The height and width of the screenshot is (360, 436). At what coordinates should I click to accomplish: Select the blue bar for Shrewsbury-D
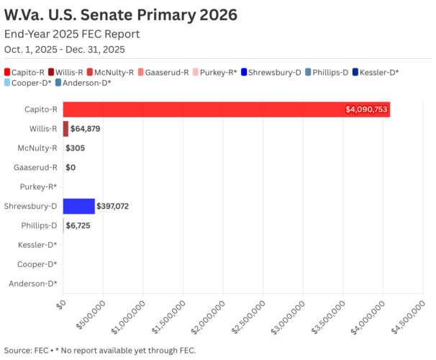[x=78, y=206]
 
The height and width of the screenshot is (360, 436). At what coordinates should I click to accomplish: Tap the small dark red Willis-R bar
[x=65, y=129]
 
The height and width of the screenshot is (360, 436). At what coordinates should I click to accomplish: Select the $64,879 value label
[x=88, y=129]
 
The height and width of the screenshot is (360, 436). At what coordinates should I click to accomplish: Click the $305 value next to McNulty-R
[x=76, y=148]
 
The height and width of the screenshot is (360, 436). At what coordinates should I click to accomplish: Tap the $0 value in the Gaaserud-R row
[x=71, y=168]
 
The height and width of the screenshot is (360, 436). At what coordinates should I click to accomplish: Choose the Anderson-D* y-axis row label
[x=33, y=284]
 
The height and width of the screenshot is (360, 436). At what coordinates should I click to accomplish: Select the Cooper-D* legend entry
[x=28, y=84]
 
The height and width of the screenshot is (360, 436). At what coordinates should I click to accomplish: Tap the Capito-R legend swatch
[x=7, y=72]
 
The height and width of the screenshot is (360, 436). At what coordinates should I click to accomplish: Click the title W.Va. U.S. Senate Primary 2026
[x=121, y=15]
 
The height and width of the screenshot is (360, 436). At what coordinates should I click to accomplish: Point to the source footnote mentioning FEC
[x=99, y=350]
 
